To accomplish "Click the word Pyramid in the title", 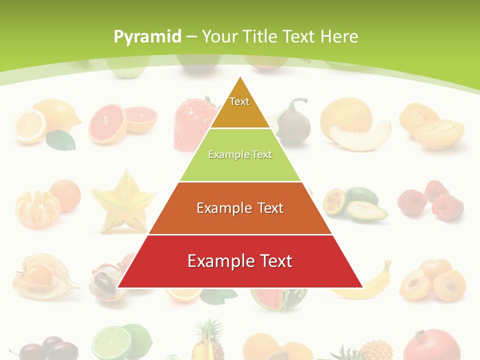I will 147,37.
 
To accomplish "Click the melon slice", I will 359,135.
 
